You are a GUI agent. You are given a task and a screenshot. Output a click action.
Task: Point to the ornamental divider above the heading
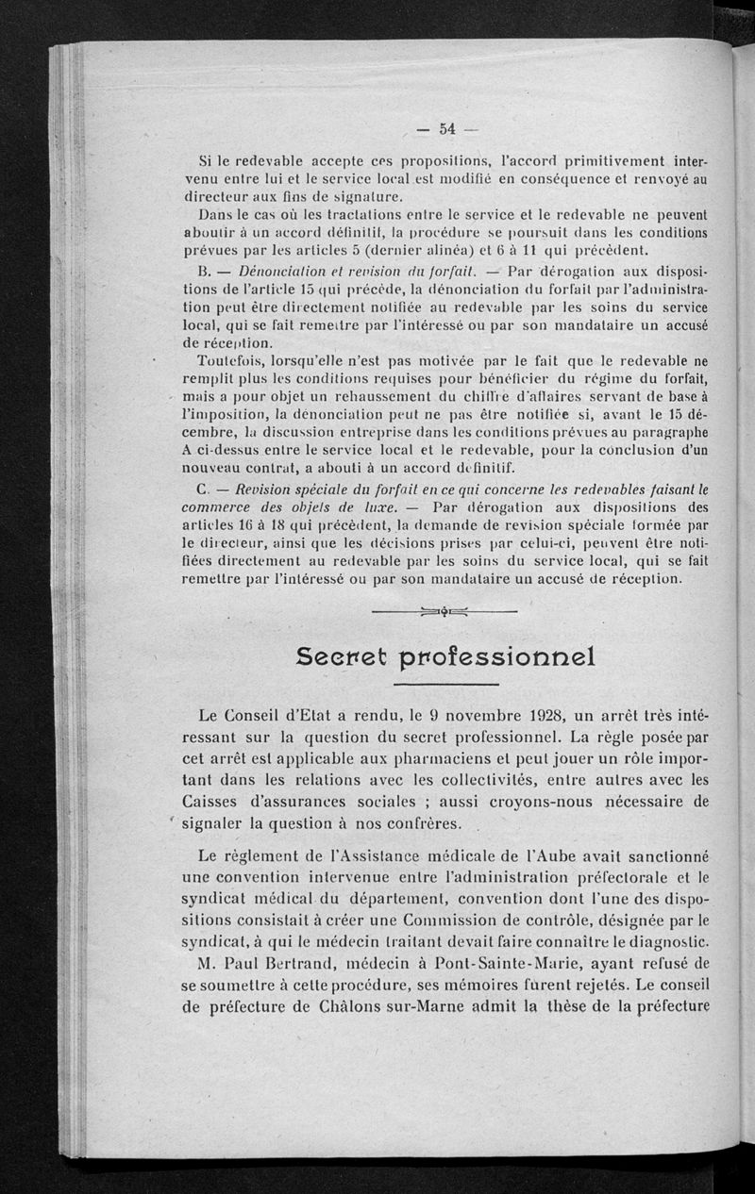[445, 612]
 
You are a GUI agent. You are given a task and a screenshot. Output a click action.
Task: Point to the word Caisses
[219, 802]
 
